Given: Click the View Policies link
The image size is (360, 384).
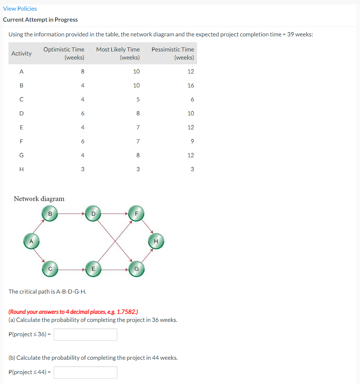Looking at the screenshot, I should (x=20, y=8).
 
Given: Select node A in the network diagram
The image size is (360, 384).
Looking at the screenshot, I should (x=32, y=242).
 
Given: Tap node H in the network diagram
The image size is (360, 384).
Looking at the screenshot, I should (x=156, y=241).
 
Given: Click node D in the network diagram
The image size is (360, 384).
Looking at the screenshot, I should (x=93, y=213).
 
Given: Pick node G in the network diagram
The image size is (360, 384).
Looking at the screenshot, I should (x=136, y=269).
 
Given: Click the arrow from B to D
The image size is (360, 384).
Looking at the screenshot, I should (x=72, y=213).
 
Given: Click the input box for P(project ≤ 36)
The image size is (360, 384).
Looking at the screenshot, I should (x=85, y=334).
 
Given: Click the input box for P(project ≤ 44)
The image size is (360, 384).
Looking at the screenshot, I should (x=85, y=372).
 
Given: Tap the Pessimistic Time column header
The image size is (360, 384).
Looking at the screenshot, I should (x=173, y=53).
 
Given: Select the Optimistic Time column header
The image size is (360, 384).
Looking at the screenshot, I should (x=64, y=53).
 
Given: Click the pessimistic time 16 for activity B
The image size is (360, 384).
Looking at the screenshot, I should (x=190, y=85).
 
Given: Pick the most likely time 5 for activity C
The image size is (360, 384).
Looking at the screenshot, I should (x=138, y=99).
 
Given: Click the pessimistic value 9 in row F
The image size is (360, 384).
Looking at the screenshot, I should (x=192, y=141).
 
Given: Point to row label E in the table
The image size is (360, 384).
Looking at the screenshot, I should (x=21, y=127).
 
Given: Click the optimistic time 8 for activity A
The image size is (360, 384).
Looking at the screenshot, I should (x=82, y=71).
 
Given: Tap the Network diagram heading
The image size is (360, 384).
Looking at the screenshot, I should (x=39, y=199).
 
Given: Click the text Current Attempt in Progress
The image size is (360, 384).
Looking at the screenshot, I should (x=40, y=19).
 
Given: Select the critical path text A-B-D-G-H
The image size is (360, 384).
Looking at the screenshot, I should (x=47, y=291).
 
